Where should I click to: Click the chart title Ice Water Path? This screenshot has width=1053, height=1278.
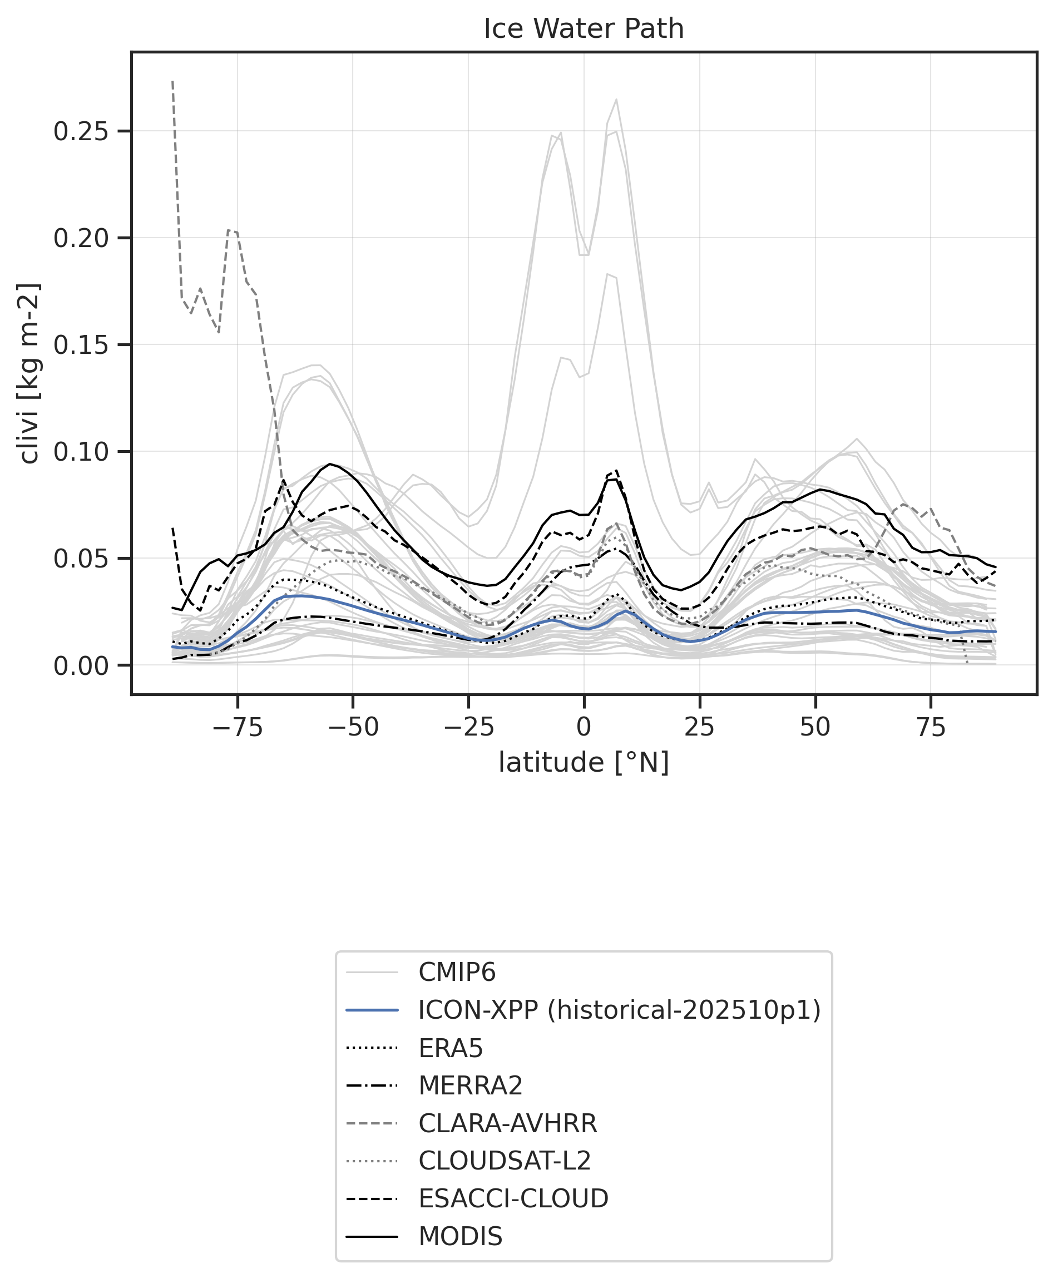pyautogui.click(x=584, y=29)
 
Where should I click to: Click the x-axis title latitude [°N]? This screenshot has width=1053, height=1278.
pyautogui.click(x=584, y=762)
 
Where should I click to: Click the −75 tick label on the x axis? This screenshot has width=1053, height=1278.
pyautogui.click(x=236, y=727)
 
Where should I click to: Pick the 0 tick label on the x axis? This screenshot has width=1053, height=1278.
pyautogui.click(x=584, y=727)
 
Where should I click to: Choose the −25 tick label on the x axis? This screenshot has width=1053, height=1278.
pyautogui.click(x=468, y=727)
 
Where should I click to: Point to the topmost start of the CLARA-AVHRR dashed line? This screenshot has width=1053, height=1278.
pyautogui.click(x=173, y=81)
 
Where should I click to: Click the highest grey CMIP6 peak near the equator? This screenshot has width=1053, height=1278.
pyautogui.click(x=616, y=100)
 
